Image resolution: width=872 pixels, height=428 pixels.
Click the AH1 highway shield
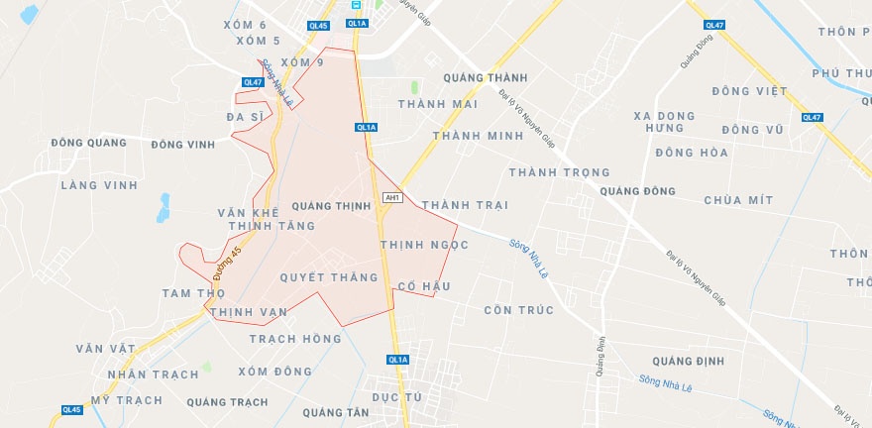click(x=392, y=198)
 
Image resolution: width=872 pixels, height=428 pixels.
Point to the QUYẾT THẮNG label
click(x=329, y=277)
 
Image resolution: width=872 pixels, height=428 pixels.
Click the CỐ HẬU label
click(x=423, y=286)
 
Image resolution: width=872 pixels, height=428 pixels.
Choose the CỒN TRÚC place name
click(x=518, y=310)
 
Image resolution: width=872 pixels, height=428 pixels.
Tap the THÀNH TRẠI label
click(x=464, y=205)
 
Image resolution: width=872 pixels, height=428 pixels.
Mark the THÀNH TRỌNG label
click(x=559, y=172)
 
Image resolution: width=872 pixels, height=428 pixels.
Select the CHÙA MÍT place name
click(x=737, y=200)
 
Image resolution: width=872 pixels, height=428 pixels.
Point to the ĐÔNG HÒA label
click(x=691, y=153)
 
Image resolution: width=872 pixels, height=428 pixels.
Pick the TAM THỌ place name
click(x=193, y=293)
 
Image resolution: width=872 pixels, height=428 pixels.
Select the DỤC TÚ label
click(x=397, y=396)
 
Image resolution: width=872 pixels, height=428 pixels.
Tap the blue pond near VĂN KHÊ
click(x=163, y=207)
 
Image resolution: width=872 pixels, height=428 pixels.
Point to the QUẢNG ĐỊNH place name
click(x=688, y=361)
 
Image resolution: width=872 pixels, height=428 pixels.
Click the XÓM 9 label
click(x=302, y=62)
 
